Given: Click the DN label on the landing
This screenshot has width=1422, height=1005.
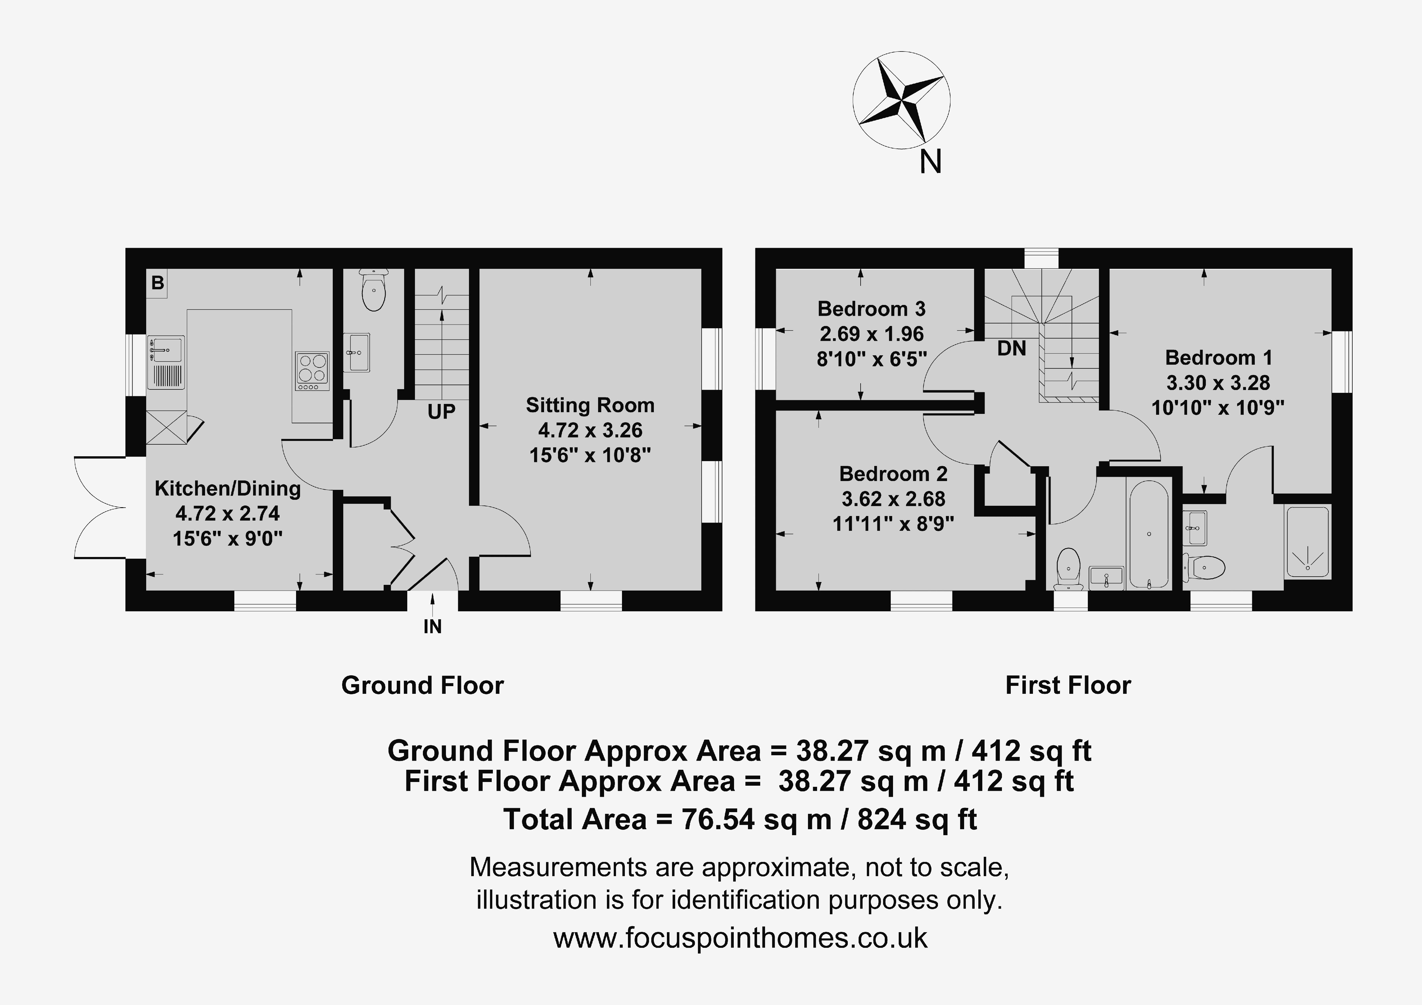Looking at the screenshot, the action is pyautogui.click(x=1011, y=349).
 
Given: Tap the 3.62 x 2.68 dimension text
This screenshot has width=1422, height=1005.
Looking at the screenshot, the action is pyautogui.click(x=893, y=499).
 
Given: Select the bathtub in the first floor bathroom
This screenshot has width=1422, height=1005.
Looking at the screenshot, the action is pyautogui.click(x=1149, y=534).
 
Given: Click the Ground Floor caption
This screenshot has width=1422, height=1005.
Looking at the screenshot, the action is pyautogui.click(x=422, y=685).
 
